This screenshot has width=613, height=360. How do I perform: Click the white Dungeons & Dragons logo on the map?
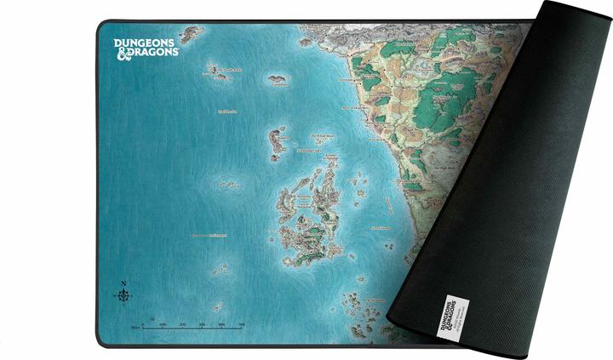pos(146,45)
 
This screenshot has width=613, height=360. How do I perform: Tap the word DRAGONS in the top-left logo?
pos(153,52)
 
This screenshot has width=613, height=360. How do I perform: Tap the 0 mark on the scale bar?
pos(142,324)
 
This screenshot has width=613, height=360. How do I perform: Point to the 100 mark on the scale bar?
pos(162,324)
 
